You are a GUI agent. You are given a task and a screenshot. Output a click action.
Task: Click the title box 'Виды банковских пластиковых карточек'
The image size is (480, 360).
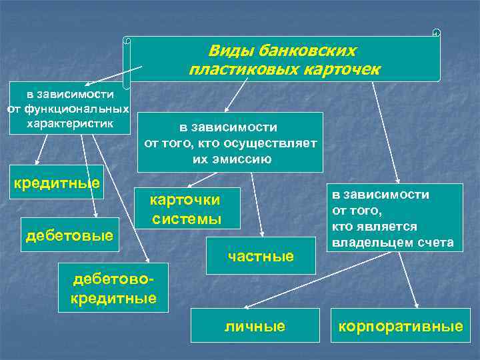[x=283, y=59]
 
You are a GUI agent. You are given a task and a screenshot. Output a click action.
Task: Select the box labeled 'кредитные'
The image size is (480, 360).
[x=57, y=183]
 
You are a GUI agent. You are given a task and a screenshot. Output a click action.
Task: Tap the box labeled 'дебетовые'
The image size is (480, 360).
[x=69, y=235]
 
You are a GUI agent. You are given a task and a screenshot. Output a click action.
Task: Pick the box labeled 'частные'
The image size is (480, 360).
[x=261, y=255]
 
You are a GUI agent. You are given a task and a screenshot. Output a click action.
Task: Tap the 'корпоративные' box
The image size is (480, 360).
[x=400, y=326]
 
